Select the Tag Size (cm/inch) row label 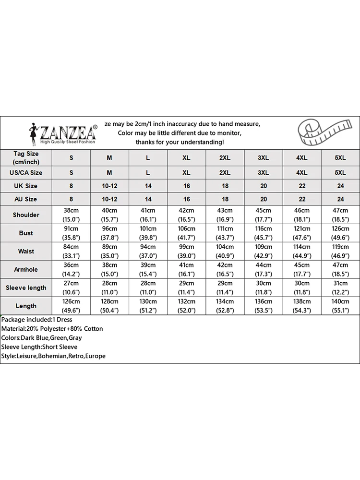pos(26,157)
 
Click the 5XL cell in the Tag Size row pos(340,157)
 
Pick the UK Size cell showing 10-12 pos(109,186)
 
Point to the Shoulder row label pos(26,215)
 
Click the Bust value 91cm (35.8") pos(71,233)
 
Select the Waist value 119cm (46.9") pos(340,251)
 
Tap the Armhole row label pos(26,269)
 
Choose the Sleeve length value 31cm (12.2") pos(340,288)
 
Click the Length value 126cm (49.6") pos(71,306)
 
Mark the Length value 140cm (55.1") pos(340,306)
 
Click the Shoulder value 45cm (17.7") pos(264,215)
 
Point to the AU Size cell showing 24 pos(340,199)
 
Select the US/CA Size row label pos(26,172)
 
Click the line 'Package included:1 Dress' pos(36,320)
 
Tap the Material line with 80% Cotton pos(52,329)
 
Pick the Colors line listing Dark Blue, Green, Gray pos(41,338)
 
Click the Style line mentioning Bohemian pos(53,356)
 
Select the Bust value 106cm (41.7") pos(187,233)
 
